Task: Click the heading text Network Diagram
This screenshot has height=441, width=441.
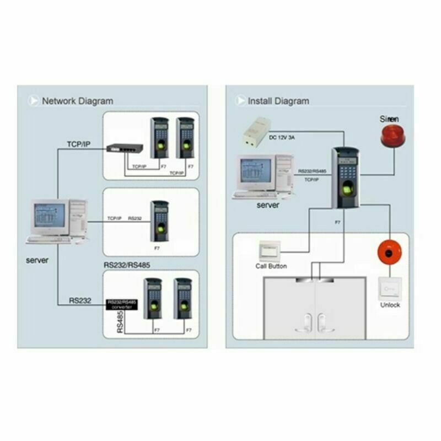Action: tap(77, 101)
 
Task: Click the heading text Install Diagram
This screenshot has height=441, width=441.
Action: tap(278, 101)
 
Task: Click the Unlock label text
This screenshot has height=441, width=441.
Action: tap(390, 305)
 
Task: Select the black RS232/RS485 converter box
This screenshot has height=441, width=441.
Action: tap(122, 305)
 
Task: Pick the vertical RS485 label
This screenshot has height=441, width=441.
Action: tap(120, 321)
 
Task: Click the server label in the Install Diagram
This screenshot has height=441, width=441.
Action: tap(268, 205)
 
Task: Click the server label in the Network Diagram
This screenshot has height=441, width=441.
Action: tap(37, 260)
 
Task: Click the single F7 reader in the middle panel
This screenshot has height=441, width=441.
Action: tap(159, 220)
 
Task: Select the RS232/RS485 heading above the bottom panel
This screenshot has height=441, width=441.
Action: tap(128, 265)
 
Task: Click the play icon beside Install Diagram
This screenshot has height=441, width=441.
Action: tap(241, 101)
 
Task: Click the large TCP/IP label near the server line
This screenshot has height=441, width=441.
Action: tap(78, 144)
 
